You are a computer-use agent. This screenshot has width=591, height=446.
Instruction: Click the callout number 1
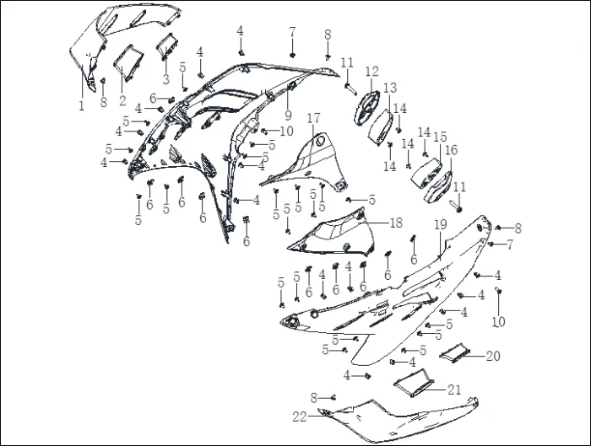pyautogui.click(x=81, y=105)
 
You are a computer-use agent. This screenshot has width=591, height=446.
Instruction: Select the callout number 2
pyautogui.click(x=122, y=100)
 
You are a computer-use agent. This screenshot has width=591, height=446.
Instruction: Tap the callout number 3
pyautogui.click(x=165, y=79)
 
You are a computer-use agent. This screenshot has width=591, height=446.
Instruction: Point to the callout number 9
pyautogui.click(x=289, y=115)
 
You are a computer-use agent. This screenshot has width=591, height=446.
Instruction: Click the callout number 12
pyautogui.click(x=371, y=71)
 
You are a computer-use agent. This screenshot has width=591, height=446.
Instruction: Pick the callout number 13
pyautogui.click(x=390, y=88)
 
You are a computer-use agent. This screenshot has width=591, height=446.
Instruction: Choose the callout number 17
pyautogui.click(x=313, y=118)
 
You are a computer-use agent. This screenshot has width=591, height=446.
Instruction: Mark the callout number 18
pyautogui.click(x=396, y=223)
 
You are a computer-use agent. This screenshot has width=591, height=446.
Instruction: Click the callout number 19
pyautogui.click(x=440, y=225)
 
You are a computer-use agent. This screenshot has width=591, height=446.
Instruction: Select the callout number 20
pyautogui.click(x=492, y=356)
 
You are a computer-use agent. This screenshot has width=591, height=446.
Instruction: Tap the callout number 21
pyautogui.click(x=454, y=390)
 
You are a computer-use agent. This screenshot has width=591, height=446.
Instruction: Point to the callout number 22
pyautogui.click(x=300, y=416)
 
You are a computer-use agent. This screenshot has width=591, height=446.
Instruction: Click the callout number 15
pyautogui.click(x=440, y=137)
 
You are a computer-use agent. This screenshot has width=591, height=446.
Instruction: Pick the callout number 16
pyautogui.click(x=451, y=150)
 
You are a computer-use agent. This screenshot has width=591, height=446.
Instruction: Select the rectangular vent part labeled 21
pyautogui.click(x=414, y=383)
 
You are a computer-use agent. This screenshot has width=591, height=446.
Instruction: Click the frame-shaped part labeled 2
pyautogui.click(x=128, y=63)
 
